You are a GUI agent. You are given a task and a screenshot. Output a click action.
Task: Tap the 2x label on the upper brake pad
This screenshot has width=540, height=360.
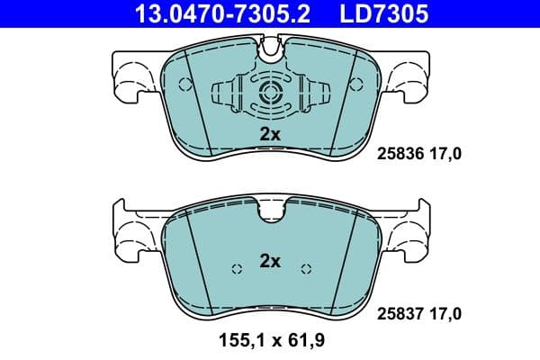pyautogui.click(x=270, y=134)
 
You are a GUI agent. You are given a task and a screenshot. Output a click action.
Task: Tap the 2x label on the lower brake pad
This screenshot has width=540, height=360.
pyautogui.click(x=270, y=262)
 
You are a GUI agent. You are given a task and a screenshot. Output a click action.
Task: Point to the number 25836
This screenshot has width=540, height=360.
pyautogui.click(x=400, y=155)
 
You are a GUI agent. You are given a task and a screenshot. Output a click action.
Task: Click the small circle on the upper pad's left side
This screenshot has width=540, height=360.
pyautogui.click(x=185, y=86)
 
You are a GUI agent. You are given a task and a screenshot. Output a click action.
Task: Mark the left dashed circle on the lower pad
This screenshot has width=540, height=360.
pyautogui.click(x=237, y=269)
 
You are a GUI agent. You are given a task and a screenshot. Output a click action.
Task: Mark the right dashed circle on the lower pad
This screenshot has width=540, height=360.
pyautogui.click(x=305, y=269)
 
